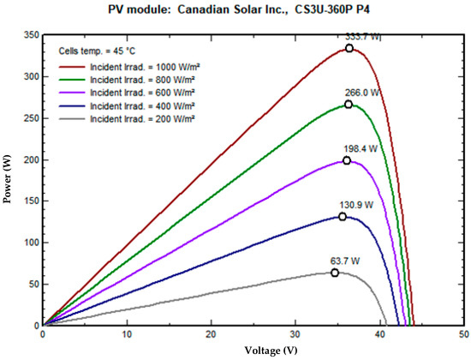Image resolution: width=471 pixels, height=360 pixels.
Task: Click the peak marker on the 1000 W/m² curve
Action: (x=349, y=48)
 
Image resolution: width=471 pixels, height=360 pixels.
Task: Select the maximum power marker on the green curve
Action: (x=349, y=105)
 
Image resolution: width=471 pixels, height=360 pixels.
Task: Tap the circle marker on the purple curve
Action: (x=347, y=160)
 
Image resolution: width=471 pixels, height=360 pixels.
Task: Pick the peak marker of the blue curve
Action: (x=343, y=217)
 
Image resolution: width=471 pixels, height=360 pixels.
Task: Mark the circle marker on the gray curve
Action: (x=335, y=273)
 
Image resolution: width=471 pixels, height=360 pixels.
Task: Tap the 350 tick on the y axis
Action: (x=30, y=35)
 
